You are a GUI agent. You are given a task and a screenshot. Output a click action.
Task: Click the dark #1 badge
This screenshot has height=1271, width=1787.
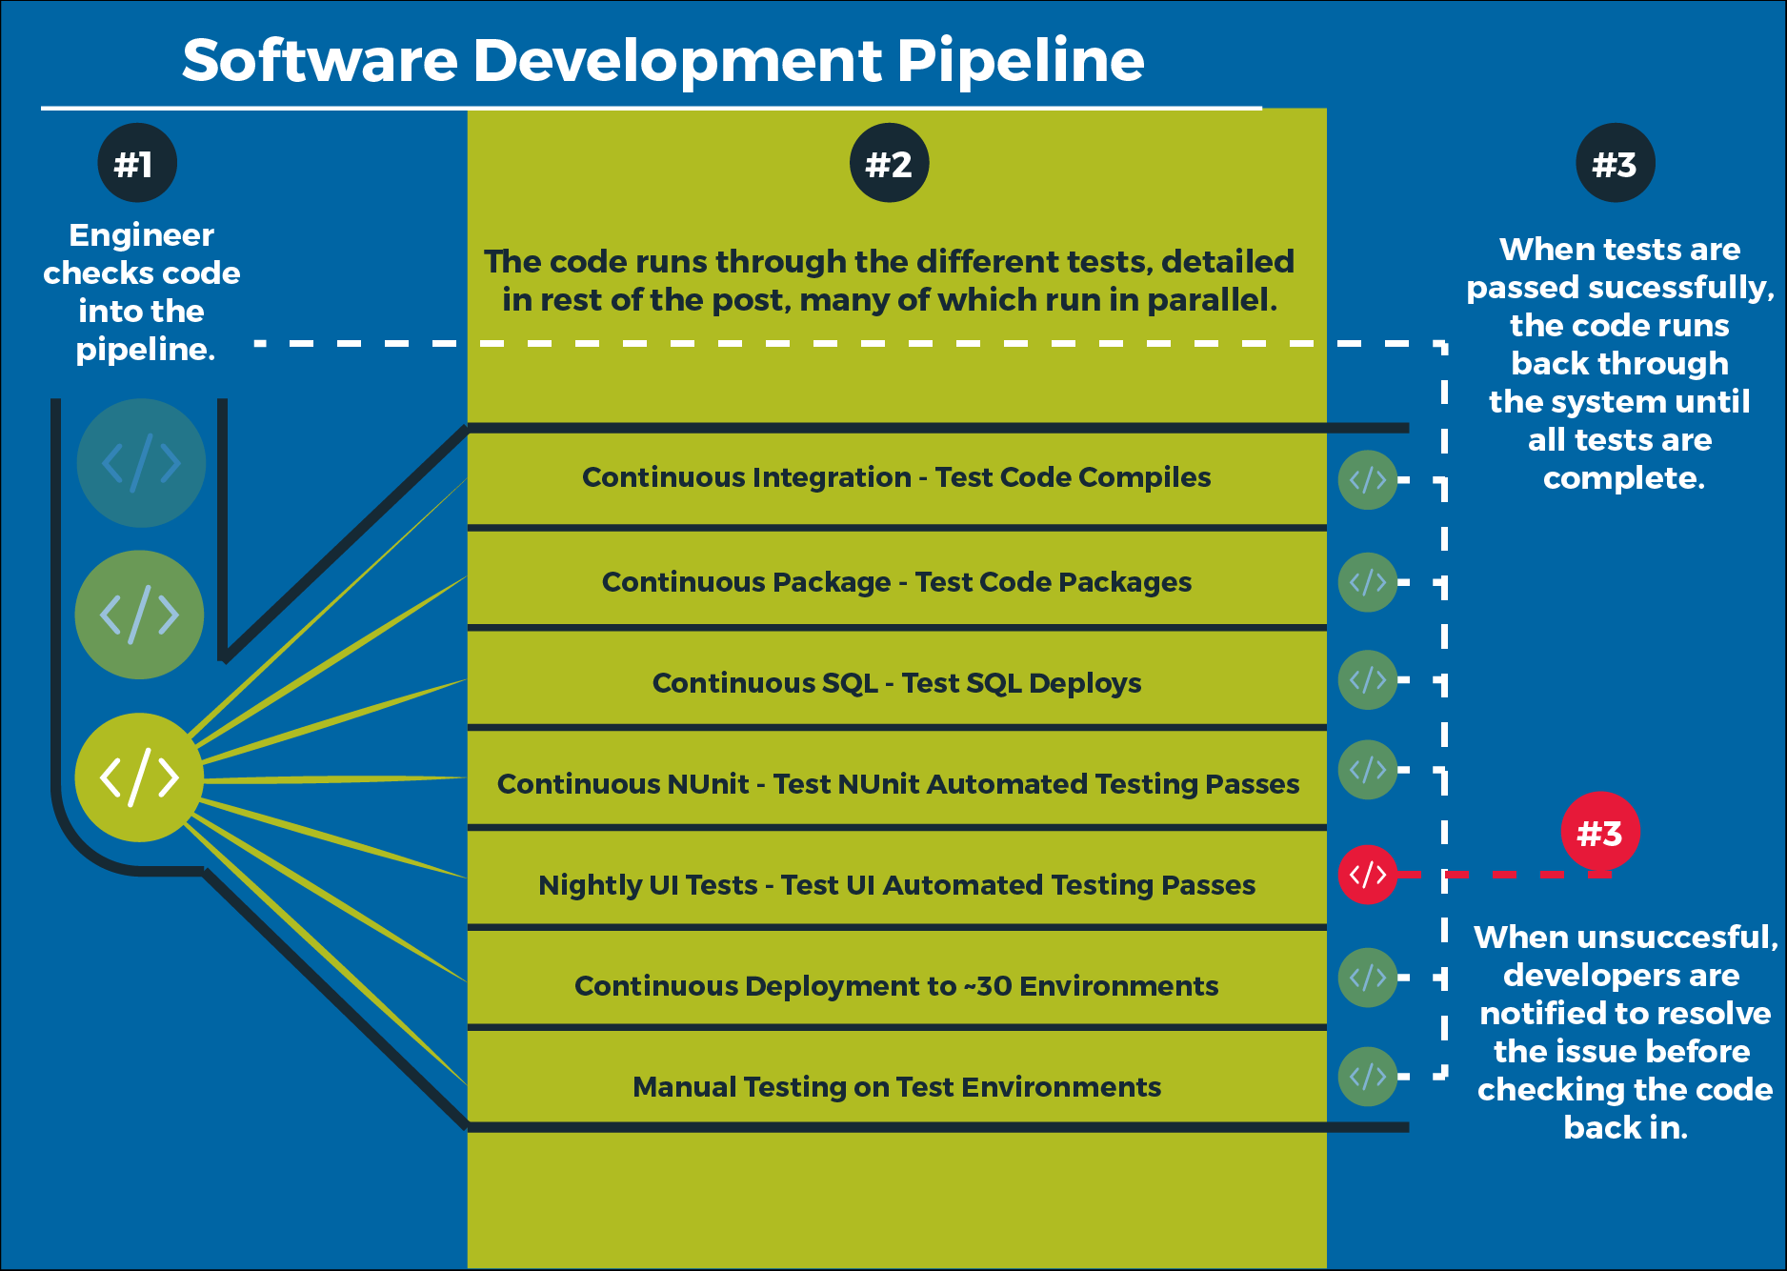click(137, 163)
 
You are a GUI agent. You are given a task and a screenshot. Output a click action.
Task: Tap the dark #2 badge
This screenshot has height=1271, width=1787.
click(889, 163)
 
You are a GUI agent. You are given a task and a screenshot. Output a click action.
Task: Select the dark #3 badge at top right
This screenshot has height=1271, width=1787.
click(1615, 163)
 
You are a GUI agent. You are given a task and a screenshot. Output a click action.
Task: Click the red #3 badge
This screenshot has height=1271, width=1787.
click(1599, 832)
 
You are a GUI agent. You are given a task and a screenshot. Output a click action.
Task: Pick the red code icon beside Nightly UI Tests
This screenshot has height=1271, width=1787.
click(1367, 874)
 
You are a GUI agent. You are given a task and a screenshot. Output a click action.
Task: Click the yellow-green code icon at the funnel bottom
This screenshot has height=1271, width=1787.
click(139, 777)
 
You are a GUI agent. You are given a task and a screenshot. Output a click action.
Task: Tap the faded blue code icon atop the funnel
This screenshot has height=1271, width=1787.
click(141, 463)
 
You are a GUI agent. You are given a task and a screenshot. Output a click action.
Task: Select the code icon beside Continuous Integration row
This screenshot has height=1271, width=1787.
click(1367, 479)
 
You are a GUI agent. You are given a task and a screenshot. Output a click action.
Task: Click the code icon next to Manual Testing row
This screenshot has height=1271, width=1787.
click(1367, 1077)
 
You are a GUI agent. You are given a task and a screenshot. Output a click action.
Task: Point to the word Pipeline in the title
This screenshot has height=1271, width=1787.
click(1020, 60)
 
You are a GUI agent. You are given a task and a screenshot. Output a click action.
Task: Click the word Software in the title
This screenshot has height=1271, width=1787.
click(320, 60)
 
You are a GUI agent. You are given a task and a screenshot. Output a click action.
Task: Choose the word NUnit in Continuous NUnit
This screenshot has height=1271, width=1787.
click(708, 784)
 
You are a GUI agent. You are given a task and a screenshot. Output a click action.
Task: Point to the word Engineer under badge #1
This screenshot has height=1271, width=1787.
click(141, 234)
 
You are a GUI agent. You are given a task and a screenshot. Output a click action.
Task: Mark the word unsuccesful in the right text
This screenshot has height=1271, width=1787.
click(1677, 937)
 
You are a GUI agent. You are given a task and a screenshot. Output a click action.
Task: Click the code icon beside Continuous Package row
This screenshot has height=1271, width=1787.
click(1367, 581)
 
